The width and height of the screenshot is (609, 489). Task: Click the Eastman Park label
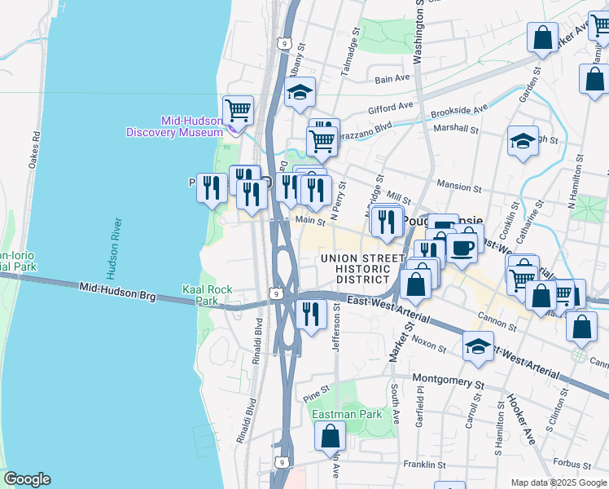[347, 414]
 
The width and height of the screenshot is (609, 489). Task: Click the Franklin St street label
[427, 464]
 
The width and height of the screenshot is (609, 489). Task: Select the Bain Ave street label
[392, 78]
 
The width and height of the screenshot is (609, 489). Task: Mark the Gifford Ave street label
[391, 107]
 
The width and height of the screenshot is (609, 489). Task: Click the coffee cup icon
[462, 247]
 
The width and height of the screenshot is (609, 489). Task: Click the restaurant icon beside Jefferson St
[310, 314]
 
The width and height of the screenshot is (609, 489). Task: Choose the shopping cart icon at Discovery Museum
[238, 109]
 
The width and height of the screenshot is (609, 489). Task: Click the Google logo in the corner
[27, 479]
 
